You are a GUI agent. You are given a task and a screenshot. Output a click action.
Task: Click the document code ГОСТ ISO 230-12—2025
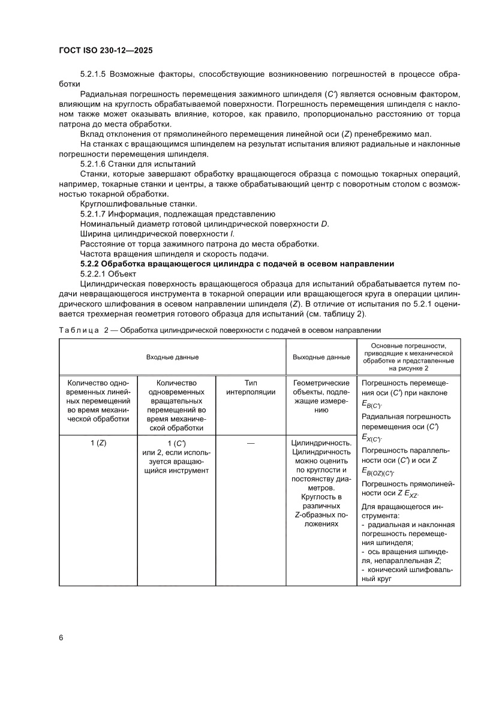pyautogui.click(x=106, y=51)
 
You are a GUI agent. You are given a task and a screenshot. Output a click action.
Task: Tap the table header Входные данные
pyautogui.click(x=172, y=357)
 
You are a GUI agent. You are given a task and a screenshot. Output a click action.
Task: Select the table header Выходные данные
pyautogui.click(x=321, y=357)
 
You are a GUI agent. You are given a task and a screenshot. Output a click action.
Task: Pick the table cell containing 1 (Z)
pyautogui.click(x=98, y=443)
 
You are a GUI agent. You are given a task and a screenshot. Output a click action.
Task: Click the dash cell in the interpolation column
pyautogui.click(x=251, y=443)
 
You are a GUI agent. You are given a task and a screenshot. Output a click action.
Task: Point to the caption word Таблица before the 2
pyautogui.click(x=79, y=330)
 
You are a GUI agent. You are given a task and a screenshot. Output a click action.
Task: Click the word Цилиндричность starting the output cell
pyautogui.click(x=321, y=443)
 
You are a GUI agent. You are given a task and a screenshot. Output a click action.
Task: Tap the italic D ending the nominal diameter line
pyautogui.click(x=324, y=224)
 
